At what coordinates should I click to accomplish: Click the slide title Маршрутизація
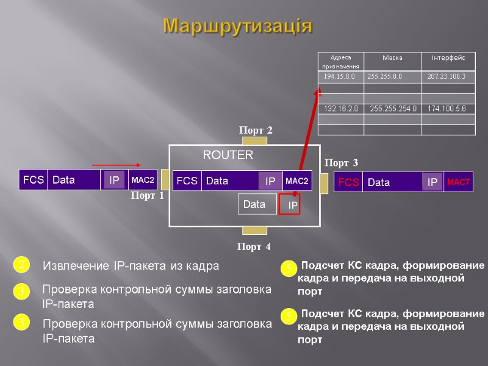pyautogui.click(x=238, y=27)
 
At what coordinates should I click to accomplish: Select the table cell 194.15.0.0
pyautogui.click(x=340, y=77)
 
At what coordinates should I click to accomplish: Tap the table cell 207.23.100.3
pyautogui.click(x=447, y=77)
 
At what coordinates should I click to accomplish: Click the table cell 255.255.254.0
pyautogui.click(x=393, y=109)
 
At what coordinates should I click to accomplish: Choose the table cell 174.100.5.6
pyautogui.click(x=447, y=109)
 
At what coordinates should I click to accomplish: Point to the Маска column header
pyautogui.click(x=393, y=58)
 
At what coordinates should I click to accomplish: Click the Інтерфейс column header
pyautogui.click(x=448, y=58)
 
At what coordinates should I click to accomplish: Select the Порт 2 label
pyautogui.click(x=255, y=130)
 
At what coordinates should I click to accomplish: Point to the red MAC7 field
pyautogui.click(x=458, y=182)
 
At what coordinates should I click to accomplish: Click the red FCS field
pyautogui.click(x=348, y=182)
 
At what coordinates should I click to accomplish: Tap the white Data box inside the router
pyautogui.click(x=255, y=205)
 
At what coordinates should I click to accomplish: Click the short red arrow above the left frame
pyautogui.click(x=117, y=165)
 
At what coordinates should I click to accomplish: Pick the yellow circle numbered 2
pyautogui.click(x=21, y=265)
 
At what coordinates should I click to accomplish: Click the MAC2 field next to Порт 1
pyautogui.click(x=143, y=181)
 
